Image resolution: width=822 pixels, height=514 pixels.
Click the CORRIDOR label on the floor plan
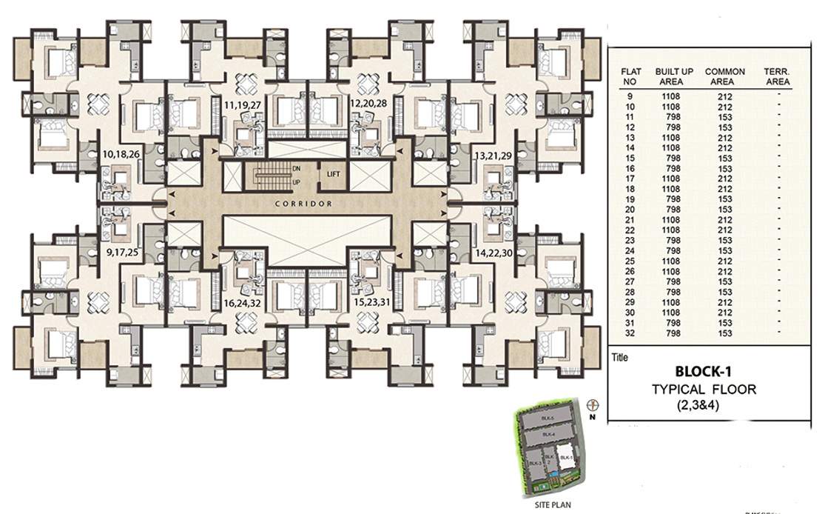point(301,203)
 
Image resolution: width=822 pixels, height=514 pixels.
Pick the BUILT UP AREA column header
point(674,76)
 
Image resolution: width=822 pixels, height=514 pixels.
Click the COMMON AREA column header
point(724,76)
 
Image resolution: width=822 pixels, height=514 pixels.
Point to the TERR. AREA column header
point(777,76)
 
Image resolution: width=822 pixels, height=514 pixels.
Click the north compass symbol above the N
point(592,405)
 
